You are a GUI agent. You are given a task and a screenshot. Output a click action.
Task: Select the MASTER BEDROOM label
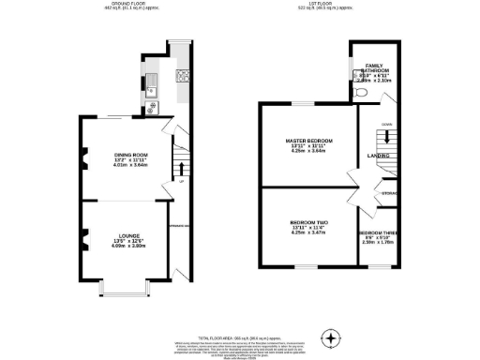click(308, 141)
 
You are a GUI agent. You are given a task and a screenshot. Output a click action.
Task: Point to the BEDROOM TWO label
click(308, 220)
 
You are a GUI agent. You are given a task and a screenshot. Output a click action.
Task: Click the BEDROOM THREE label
click(377, 232)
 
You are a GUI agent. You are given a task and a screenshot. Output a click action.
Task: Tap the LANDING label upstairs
click(378, 156)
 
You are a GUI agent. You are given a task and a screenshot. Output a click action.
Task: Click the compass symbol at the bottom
click(330, 337)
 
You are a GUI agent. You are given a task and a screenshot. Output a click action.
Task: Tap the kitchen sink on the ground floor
click(150, 91)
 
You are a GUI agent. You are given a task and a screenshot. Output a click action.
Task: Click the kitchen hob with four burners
click(181, 74)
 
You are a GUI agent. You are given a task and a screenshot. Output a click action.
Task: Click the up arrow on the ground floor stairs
click(178, 169)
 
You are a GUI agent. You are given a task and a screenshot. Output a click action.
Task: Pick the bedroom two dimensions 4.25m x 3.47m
click(308, 232)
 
